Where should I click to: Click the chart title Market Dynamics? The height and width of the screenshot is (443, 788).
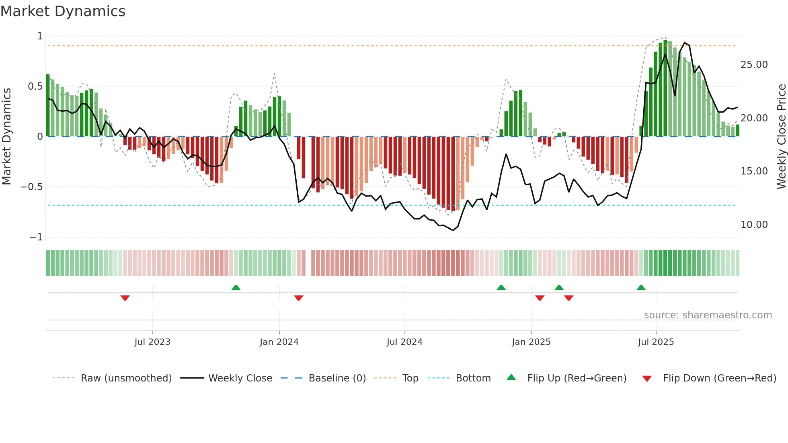(63, 11)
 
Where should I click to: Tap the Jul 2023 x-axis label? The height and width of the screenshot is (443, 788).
(152, 342)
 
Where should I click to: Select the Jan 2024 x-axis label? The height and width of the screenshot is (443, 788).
(279, 342)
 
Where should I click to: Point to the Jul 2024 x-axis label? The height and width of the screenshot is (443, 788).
(404, 342)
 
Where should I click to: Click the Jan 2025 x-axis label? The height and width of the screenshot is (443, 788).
(531, 342)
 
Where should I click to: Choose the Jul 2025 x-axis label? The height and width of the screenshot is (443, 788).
(656, 342)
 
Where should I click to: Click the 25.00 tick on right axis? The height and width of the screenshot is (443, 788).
(754, 65)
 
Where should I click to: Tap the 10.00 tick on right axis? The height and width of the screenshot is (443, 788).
(754, 225)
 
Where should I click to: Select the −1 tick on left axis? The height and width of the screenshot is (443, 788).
(36, 237)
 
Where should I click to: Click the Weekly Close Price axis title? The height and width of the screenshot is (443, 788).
(781, 136)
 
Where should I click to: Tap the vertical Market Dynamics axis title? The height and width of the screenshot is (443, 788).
(6, 136)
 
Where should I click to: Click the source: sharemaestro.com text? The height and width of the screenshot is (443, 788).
(708, 315)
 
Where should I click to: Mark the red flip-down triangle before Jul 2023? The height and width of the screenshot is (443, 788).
(125, 298)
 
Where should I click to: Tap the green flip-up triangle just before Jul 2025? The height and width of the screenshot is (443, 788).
(641, 287)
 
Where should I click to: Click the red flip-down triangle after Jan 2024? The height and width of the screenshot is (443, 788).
(298, 298)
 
